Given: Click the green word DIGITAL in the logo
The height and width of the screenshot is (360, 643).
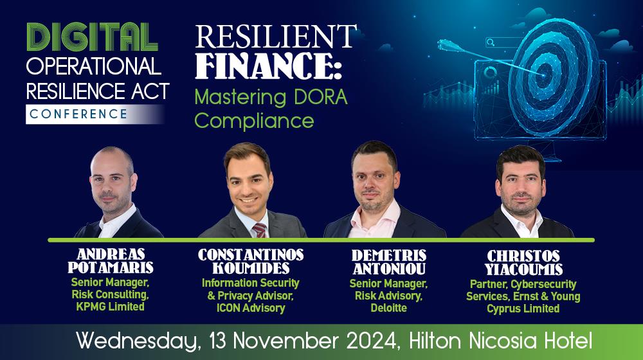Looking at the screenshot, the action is pos(92,37).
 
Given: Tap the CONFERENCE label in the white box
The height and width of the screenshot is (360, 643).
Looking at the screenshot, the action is pos(78,114).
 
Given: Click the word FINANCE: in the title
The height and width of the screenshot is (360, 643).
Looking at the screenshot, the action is pos(269,66).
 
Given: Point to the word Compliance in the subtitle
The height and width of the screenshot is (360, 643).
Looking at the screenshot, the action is pos(254,121).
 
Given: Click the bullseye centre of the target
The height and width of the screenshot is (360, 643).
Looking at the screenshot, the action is pos(544,75).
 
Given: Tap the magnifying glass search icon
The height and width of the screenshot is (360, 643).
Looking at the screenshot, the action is pos(490,42).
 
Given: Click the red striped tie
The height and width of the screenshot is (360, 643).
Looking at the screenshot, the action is pos(260,230).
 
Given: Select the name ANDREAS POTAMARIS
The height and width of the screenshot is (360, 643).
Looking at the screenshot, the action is pos(111,261).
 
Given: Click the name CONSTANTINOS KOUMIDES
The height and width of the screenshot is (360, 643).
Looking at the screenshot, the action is pos(251,261).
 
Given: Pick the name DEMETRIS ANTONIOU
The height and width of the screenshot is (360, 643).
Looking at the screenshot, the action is pos(389,262).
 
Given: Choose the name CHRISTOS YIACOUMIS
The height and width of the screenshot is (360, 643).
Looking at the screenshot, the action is pos(523,262).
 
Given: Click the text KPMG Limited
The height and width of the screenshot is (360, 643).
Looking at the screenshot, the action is pos(111,307).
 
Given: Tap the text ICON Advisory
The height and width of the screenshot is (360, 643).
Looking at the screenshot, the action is pos(251,308).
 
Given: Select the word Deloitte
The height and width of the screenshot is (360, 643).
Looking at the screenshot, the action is pos(389,308).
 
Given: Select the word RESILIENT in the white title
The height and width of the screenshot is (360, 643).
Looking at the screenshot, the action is pos(276,36).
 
